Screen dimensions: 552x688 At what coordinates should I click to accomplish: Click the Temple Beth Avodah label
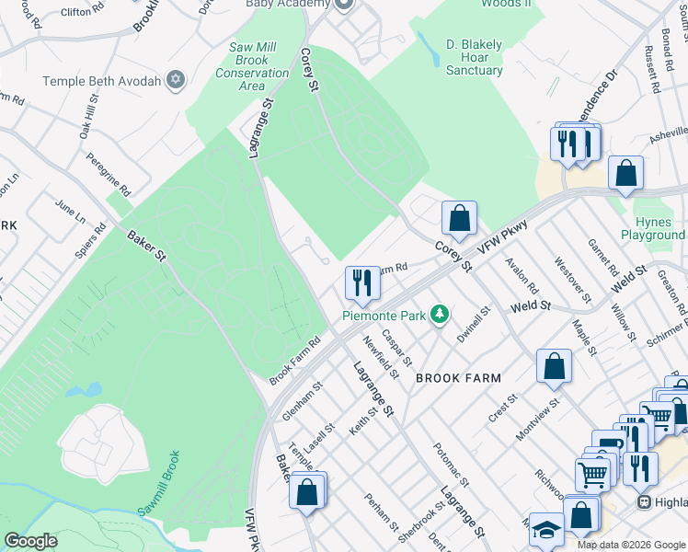pyautogui.click(x=100, y=81)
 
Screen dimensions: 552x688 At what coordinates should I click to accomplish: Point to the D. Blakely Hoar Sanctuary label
pyautogui.click(x=474, y=57)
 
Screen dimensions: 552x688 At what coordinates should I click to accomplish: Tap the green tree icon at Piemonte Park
pyautogui.click(x=441, y=315)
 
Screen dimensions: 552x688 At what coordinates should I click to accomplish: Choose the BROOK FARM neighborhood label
pyautogui.click(x=458, y=378)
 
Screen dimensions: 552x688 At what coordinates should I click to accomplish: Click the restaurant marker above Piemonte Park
pyautogui.click(x=362, y=282)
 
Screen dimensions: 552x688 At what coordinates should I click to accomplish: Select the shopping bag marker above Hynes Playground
pyautogui.click(x=625, y=173)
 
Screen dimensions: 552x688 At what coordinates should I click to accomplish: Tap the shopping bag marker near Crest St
pyautogui.click(x=554, y=366)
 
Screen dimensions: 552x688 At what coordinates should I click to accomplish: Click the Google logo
pyautogui.click(x=30, y=540)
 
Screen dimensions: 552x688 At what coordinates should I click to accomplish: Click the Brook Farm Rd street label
pyautogui.click(x=294, y=360)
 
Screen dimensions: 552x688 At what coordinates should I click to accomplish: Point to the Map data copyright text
pyautogui.click(x=630, y=545)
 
